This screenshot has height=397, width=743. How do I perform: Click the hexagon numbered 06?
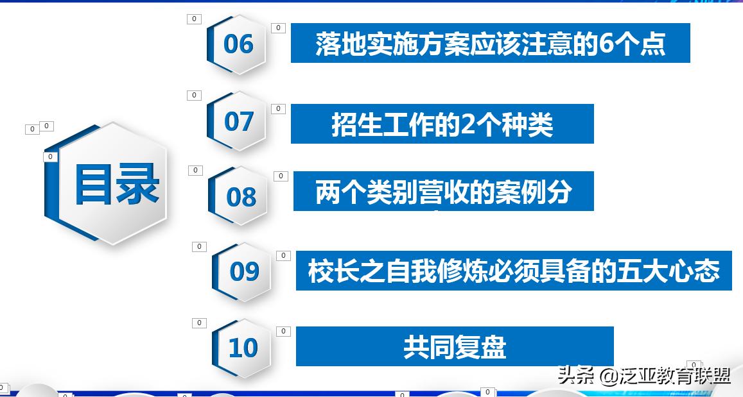[x=238, y=44]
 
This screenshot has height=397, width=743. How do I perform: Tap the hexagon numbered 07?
[x=238, y=121]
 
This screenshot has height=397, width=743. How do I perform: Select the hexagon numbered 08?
[x=241, y=196]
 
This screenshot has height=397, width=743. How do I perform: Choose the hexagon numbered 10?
[x=243, y=348]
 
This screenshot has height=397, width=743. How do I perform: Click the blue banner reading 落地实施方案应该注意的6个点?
[x=490, y=43]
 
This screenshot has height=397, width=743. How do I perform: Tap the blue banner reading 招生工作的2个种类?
[x=442, y=124]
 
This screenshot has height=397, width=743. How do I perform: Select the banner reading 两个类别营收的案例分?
[x=443, y=191]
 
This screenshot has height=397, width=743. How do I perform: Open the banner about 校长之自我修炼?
[x=514, y=271]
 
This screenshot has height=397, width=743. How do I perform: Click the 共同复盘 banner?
[x=455, y=346]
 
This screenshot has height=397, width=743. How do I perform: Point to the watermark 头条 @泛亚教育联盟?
[x=644, y=375]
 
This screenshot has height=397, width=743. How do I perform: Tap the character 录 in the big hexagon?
[x=137, y=185]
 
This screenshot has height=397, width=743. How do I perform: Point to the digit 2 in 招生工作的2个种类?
[x=468, y=124]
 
